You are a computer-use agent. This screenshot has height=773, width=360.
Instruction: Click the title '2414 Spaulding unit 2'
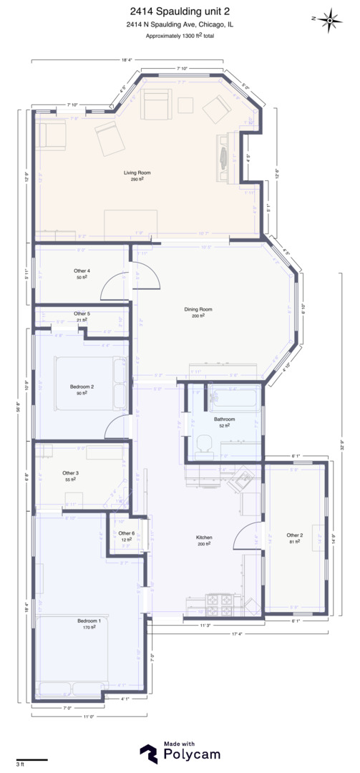[x=180, y=11]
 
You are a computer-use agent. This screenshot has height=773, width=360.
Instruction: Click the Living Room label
[x=137, y=172]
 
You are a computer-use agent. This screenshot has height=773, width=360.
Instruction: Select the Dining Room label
[x=198, y=309]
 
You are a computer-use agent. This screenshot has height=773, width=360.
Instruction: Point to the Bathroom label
[x=224, y=419]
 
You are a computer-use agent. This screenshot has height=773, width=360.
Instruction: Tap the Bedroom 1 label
[x=89, y=621]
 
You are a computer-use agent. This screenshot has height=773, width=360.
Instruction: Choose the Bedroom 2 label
[x=82, y=386]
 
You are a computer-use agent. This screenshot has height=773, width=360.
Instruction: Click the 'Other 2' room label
[x=295, y=535]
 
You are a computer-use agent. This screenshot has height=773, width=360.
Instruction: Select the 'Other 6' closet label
[x=127, y=533]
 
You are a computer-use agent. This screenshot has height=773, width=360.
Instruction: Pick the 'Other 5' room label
[x=82, y=313]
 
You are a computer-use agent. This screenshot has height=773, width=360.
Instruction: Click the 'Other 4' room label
[x=82, y=271]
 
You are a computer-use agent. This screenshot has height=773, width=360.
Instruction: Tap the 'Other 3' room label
[x=70, y=473]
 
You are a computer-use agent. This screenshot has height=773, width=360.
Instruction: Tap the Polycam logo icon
[x=149, y=754]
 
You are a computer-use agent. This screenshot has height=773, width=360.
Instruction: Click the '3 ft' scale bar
[x=32, y=760]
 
